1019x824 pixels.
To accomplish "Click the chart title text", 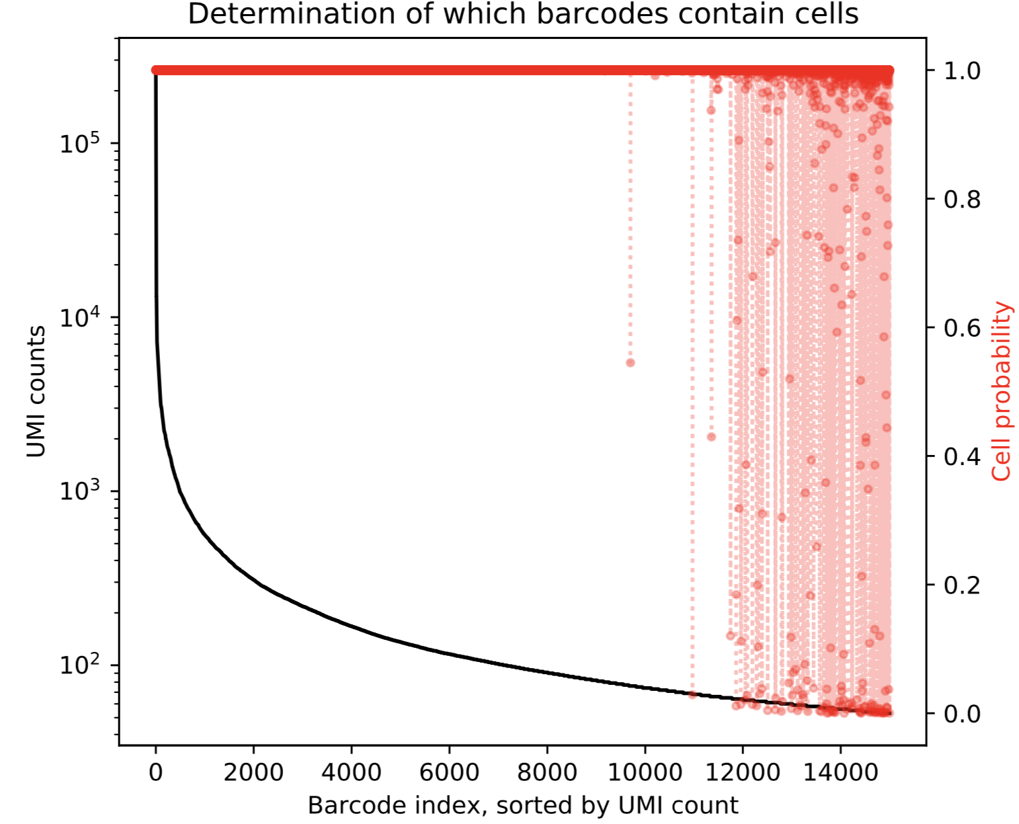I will (x=522, y=14).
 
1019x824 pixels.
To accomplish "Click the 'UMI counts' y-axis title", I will (x=36, y=391).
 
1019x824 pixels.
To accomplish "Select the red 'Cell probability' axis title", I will (x=1002, y=391).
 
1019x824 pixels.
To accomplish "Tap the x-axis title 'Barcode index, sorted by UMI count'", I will (x=522, y=805).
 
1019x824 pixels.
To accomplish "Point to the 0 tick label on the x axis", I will (x=156, y=773).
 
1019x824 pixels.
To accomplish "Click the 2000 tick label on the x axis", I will (x=253, y=773).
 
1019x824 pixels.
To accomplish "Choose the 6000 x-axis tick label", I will (x=449, y=773).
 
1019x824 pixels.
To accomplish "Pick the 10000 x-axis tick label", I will (x=645, y=773).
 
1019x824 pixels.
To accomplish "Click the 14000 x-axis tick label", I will (x=840, y=773).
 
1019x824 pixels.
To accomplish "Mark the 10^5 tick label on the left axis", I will (x=79, y=143).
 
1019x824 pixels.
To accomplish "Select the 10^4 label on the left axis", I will (x=79, y=317).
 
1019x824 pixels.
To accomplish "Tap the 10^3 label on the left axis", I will (x=79, y=491).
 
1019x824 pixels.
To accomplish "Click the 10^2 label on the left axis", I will (x=79, y=664).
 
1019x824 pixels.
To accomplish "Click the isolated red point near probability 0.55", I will (x=630, y=363).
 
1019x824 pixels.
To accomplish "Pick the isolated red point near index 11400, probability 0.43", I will (x=711, y=437).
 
